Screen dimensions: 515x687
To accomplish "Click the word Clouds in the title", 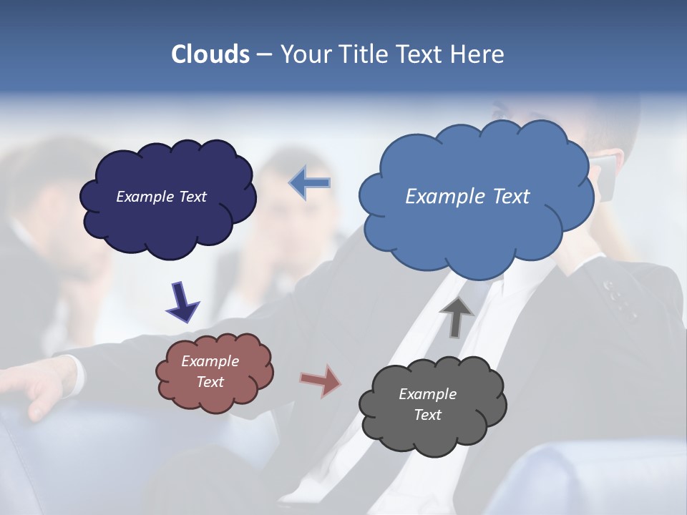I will (x=210, y=54).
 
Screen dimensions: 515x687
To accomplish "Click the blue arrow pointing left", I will (x=310, y=183).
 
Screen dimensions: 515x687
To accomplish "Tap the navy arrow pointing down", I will (x=182, y=301).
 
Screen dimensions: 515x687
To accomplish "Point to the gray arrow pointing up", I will (x=457, y=316).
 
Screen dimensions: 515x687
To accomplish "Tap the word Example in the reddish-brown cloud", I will (x=210, y=361).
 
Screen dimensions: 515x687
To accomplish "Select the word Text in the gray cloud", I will (x=427, y=415).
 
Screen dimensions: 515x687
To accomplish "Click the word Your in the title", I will (x=304, y=54).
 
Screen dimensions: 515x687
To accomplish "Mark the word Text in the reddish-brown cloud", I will (x=210, y=382).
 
